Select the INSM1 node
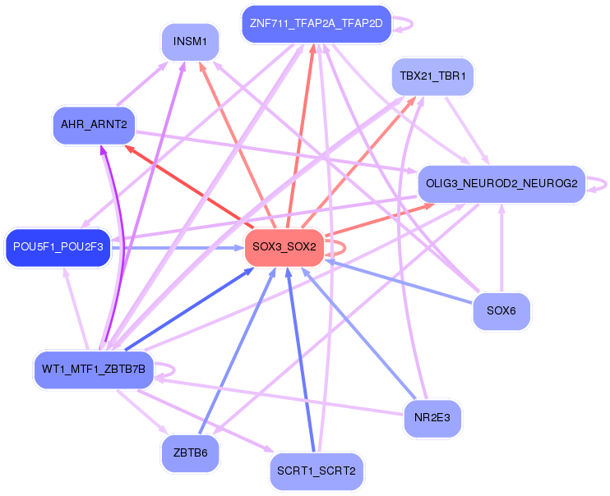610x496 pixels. coord(190,41)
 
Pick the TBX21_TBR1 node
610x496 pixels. coord(432,76)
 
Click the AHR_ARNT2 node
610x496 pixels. coord(93,125)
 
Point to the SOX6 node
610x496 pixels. coord(501,311)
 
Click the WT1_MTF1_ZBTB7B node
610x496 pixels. coord(93,370)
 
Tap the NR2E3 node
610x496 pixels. coord(432,418)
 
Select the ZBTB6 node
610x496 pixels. coord(190,452)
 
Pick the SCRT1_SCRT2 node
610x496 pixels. coord(316,471)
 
